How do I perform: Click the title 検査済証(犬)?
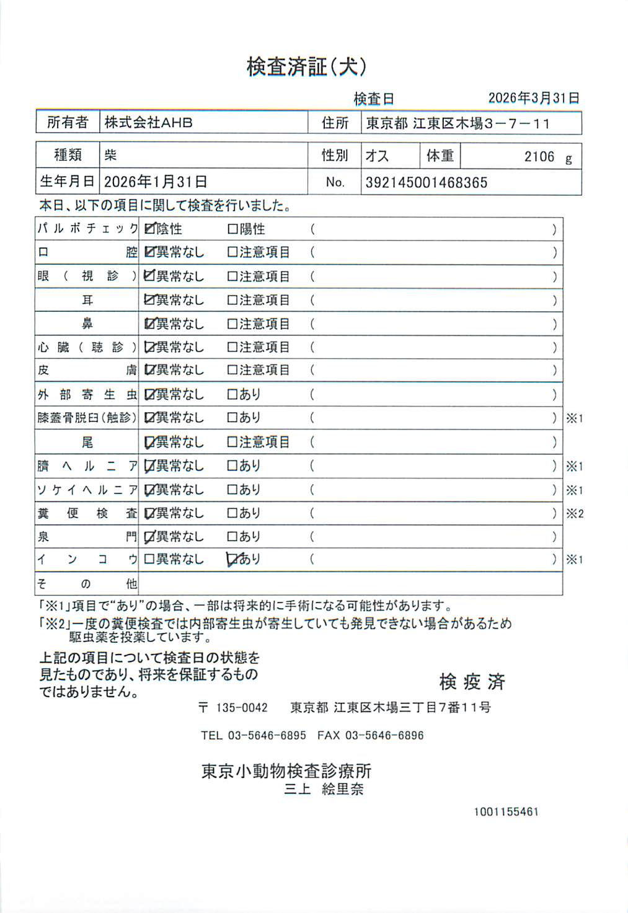coord(306,66)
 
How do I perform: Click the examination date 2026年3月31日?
coord(533,98)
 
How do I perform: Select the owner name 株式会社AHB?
coord(148,123)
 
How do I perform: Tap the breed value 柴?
coord(110,155)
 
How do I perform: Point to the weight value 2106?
coord(539,157)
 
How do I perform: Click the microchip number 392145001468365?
coord(426,183)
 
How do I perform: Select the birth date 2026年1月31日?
coord(155,182)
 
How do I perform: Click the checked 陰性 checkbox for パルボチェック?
coord(149,229)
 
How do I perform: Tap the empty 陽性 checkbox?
coord(232,229)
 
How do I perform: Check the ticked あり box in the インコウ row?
coord(232,559)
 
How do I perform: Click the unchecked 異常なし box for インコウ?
coord(149,559)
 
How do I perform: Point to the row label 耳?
coord(87,301)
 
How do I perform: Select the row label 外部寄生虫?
coord(87,395)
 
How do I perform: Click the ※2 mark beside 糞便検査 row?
coord(575,514)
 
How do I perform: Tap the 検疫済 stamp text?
coord(472,682)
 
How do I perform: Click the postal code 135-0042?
coord(241,708)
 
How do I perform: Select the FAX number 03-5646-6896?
coord(384,736)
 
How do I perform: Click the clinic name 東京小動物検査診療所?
coord(286,771)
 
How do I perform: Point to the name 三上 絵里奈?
coord(324,790)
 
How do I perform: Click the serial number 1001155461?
coord(506,812)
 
